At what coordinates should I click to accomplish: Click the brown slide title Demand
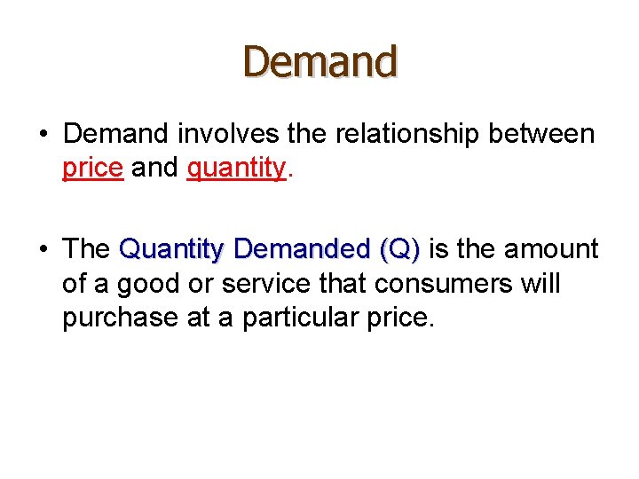point(320,62)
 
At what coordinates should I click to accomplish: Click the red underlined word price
point(92,169)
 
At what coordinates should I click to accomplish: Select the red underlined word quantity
point(236,169)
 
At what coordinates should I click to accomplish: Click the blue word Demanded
point(302,250)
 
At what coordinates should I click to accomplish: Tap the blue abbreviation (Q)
point(399,250)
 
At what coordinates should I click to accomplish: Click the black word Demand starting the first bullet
point(116,134)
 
